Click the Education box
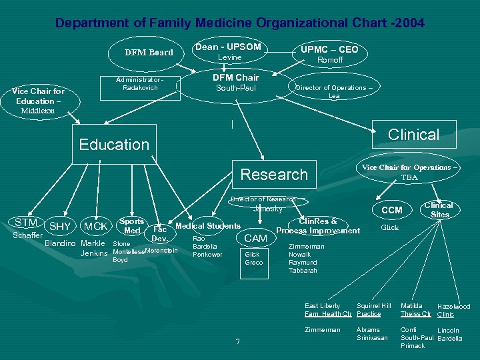pyautogui.click(x=114, y=145)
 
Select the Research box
pyautogui.click(x=273, y=175)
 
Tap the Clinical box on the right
pyautogui.click(x=413, y=134)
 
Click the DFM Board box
pyautogui.click(x=149, y=53)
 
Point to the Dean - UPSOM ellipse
pyautogui.click(x=228, y=52)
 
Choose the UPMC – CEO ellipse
pyautogui.click(x=329, y=54)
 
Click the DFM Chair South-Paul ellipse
pyautogui.click(x=235, y=83)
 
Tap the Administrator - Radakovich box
pyautogui.click(x=139, y=85)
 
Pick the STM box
pyautogui.click(x=26, y=222)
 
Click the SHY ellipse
pyautogui.click(x=60, y=227)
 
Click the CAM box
pyautogui.click(x=255, y=238)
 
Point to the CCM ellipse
pyautogui.click(x=391, y=210)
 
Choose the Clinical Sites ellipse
pyautogui.click(x=439, y=209)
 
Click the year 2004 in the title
pyautogui.click(x=409, y=23)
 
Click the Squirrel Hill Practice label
pyautogui.click(x=373, y=309)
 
